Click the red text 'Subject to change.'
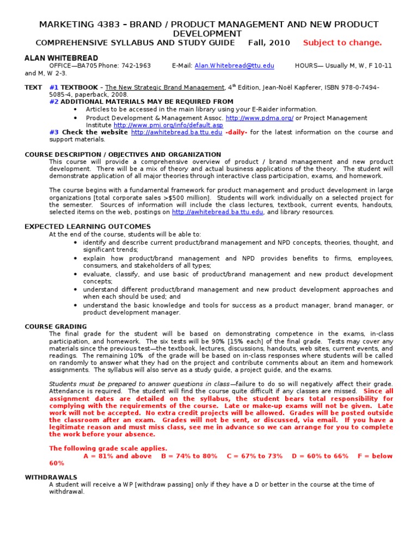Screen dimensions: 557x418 (342, 43)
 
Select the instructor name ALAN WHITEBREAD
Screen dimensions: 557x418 (62, 58)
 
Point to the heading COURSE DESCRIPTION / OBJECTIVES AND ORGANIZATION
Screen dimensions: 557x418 (123, 154)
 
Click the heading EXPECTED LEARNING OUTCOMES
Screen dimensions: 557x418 (88, 226)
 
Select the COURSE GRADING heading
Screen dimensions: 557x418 (56, 326)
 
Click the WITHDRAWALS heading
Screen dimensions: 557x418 (51, 477)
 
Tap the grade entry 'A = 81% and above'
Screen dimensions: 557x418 (118, 456)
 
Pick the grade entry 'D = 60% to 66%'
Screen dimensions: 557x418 (320, 456)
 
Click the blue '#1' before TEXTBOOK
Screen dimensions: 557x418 (54, 88)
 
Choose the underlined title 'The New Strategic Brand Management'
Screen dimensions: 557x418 (164, 88)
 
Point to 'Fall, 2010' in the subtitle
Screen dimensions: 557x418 (269, 43)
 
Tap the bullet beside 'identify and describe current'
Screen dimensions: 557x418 (75, 242)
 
